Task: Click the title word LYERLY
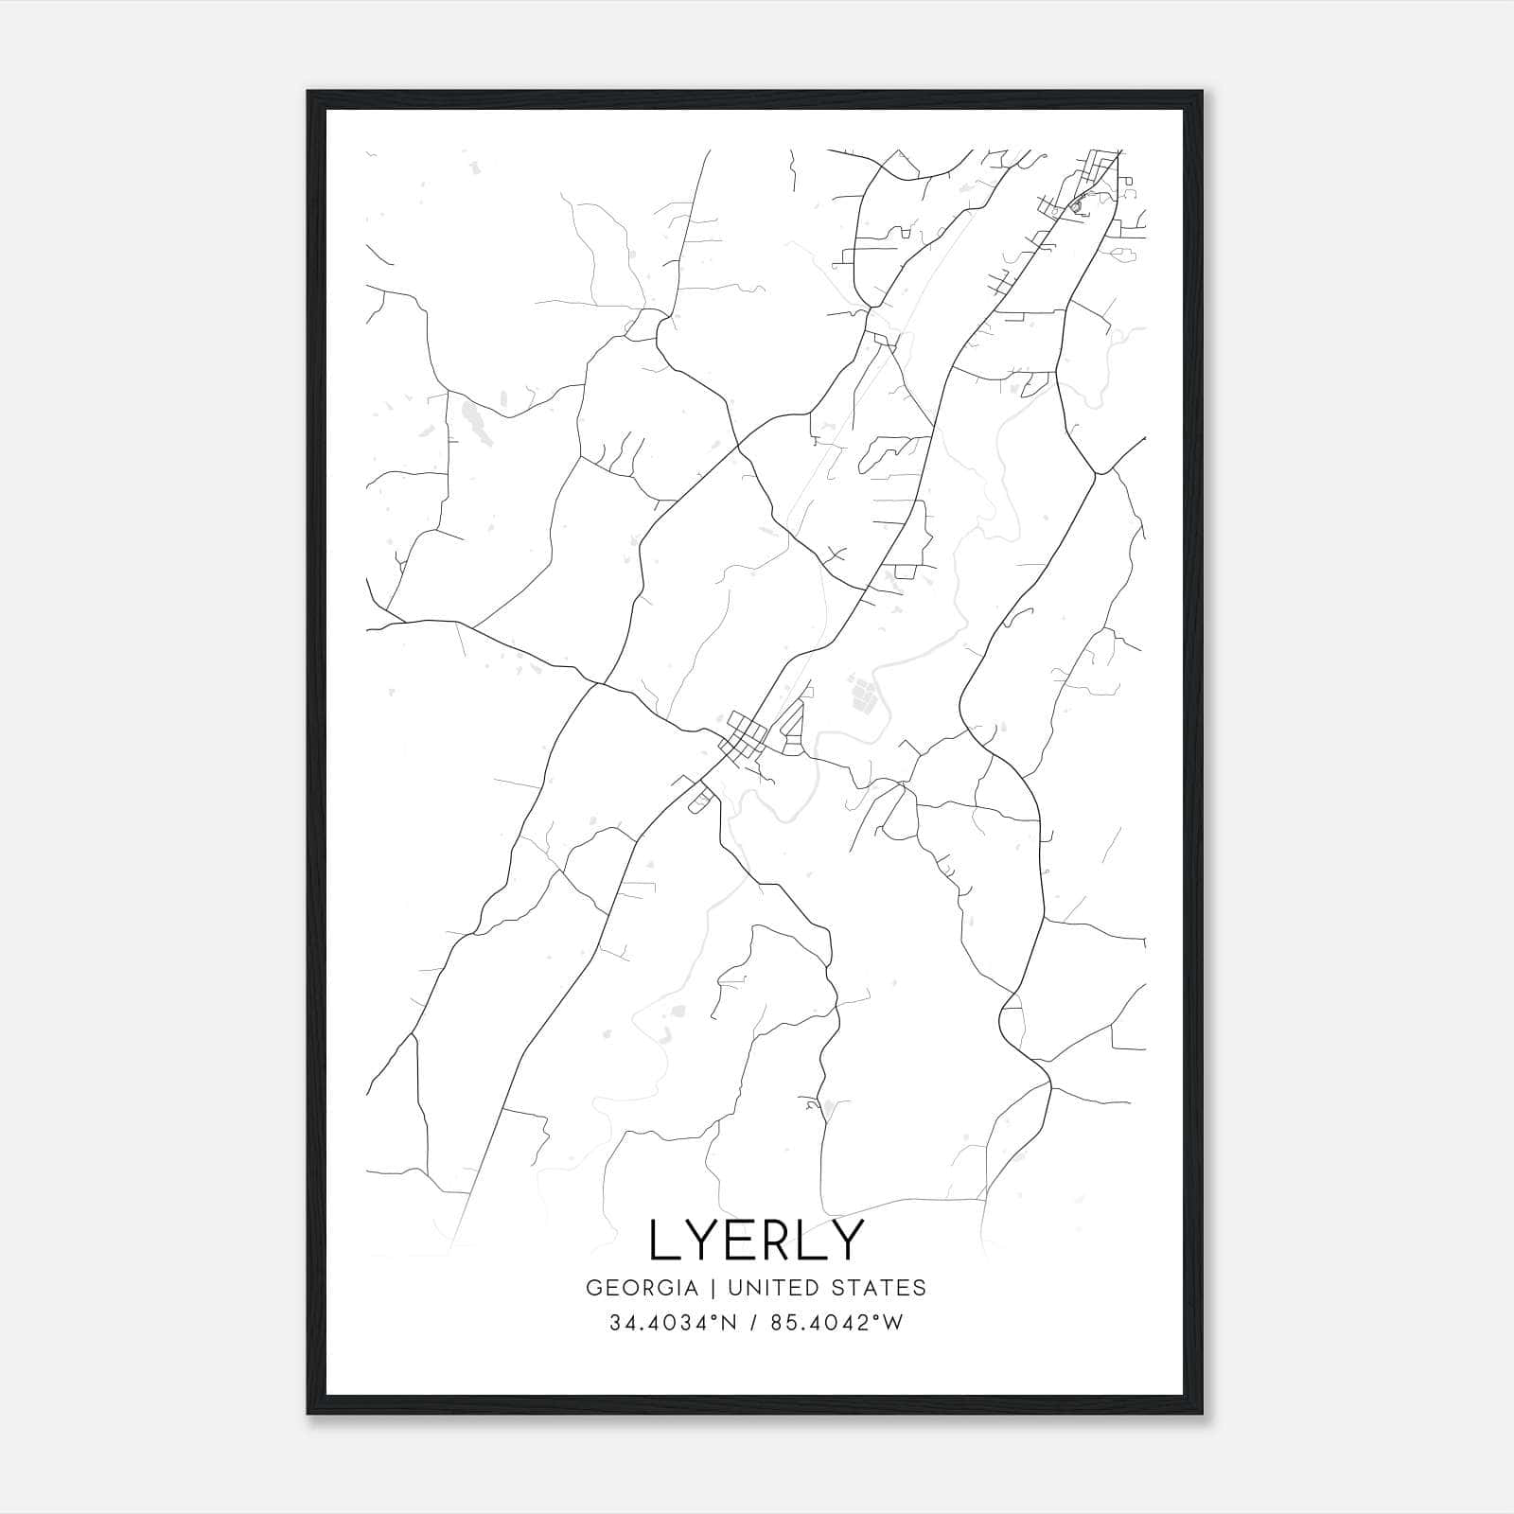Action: (x=756, y=1240)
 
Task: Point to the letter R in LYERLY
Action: (x=779, y=1240)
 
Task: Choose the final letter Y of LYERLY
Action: (x=847, y=1240)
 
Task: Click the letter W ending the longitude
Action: (x=894, y=1323)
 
